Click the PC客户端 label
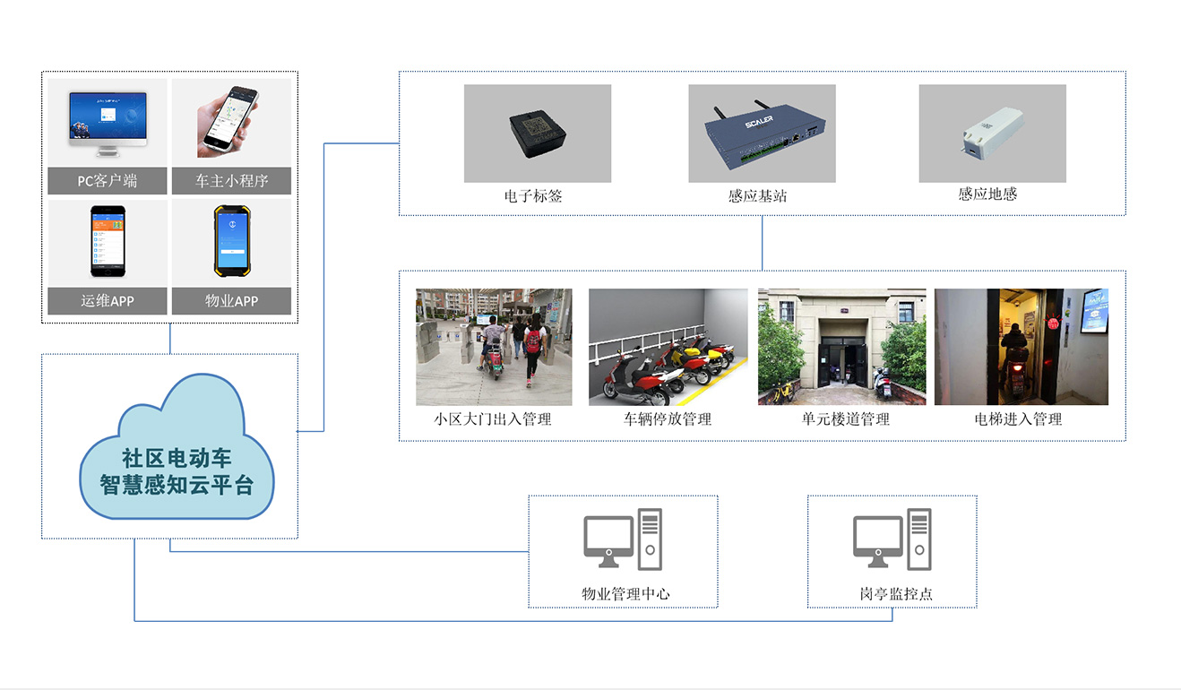(x=108, y=181)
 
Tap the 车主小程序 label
(x=231, y=181)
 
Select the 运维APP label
(x=108, y=301)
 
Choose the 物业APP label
(x=231, y=301)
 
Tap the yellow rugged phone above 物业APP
(x=230, y=241)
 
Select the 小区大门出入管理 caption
(x=493, y=418)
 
